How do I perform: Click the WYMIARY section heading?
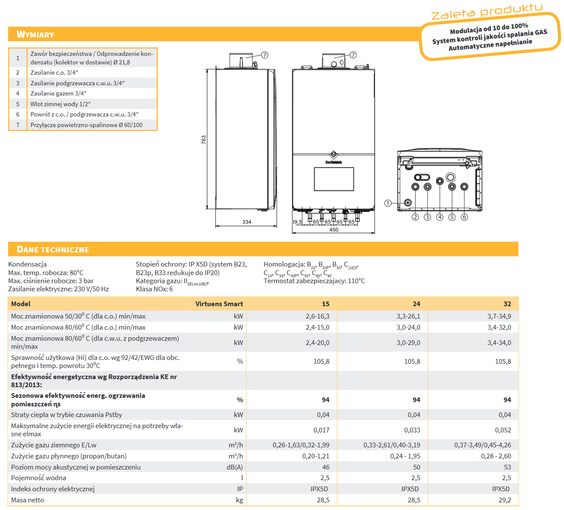point(35,35)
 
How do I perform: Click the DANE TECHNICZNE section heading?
point(53,249)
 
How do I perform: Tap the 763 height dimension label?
point(204,140)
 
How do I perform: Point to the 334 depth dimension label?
point(247,222)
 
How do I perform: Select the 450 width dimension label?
point(334,230)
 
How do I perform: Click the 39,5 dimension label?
point(297,222)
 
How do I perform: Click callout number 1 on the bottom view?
point(388,203)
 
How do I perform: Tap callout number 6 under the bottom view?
point(464,217)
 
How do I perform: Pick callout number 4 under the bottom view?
point(440,217)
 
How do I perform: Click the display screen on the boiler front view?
point(334,179)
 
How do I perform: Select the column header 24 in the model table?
point(416,304)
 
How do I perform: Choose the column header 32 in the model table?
point(507,304)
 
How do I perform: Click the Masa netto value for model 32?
point(505,500)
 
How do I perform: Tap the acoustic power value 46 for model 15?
point(326,467)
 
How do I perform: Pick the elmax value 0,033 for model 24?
point(412,430)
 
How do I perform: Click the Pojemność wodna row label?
point(39,478)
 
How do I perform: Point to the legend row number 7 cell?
point(18,125)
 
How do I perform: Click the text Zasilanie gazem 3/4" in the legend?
point(58,93)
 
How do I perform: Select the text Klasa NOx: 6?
point(154,289)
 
